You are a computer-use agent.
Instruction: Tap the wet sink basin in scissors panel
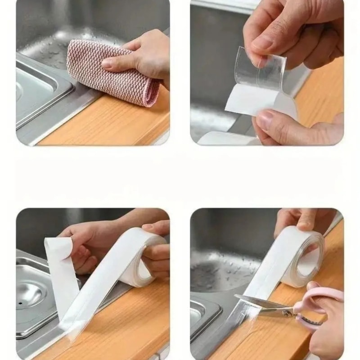[225, 270]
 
